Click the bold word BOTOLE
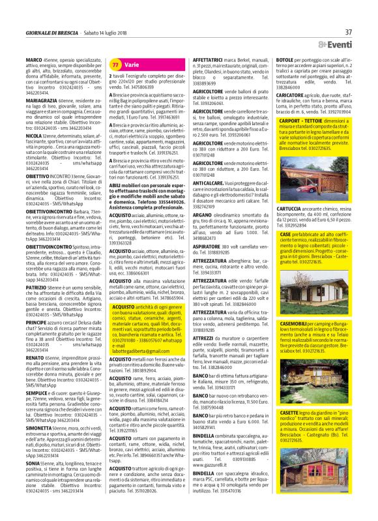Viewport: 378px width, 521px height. pyautogui.click(x=285, y=59)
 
